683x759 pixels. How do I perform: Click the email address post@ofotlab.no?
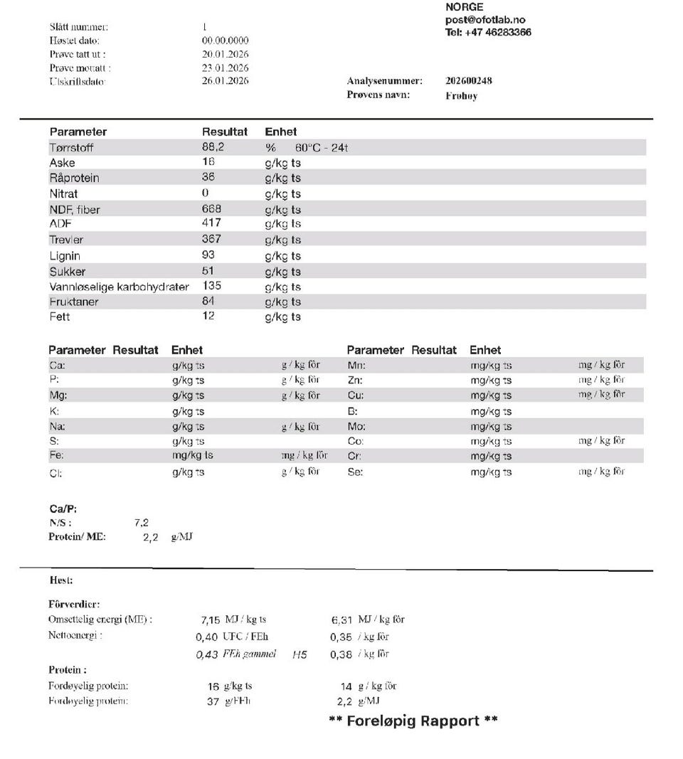[485, 20]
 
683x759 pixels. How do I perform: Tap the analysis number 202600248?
[468, 81]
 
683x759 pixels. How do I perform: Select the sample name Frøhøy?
[461, 96]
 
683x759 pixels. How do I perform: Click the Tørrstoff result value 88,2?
[213, 147]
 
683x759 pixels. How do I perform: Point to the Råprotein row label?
[74, 178]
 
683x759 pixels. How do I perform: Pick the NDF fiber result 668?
[211, 209]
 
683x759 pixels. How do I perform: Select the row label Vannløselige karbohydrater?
[120, 287]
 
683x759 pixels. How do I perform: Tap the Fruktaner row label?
[74, 302]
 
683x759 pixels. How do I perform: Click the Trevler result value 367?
[211, 239]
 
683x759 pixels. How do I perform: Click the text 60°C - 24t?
[320, 148]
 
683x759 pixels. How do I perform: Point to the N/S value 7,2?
[141, 523]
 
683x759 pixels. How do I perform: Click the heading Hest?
[61, 581]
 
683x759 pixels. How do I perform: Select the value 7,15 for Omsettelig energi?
[206, 620]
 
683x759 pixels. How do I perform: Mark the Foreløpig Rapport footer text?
[413, 721]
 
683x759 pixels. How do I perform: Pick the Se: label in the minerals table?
[354, 472]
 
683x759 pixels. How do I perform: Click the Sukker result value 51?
[208, 271]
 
